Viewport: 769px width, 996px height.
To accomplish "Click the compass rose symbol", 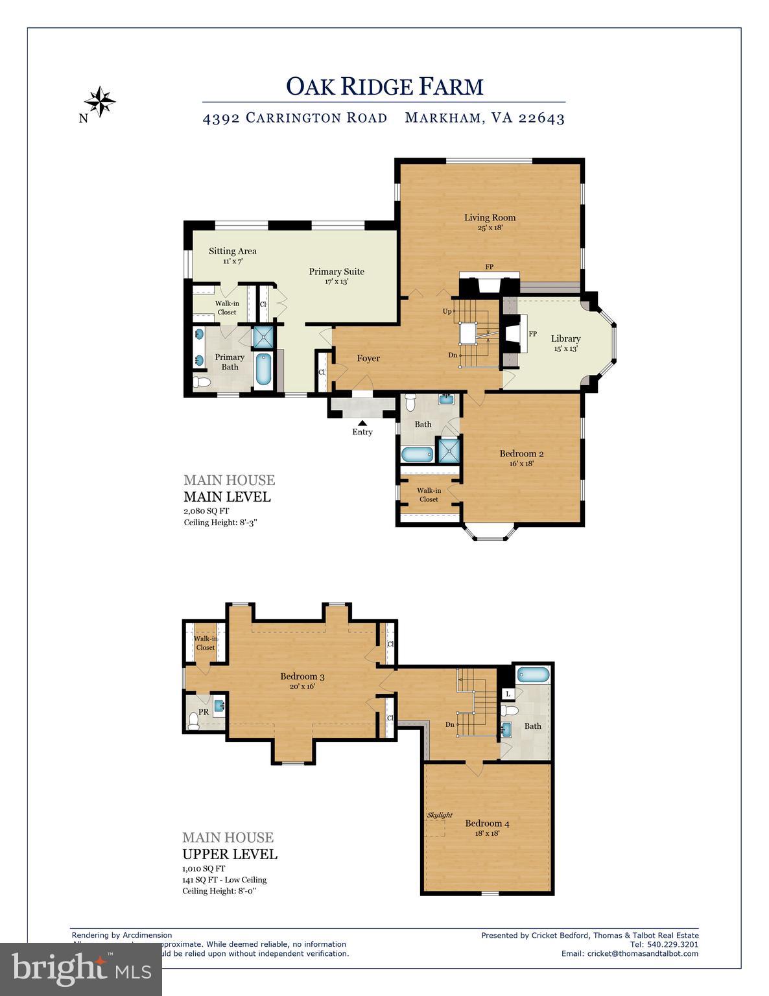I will [99, 101].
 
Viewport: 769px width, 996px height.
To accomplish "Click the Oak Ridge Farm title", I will [384, 86].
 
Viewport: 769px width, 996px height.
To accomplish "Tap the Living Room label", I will [490, 218].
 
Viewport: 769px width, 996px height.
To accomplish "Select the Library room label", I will [565, 338].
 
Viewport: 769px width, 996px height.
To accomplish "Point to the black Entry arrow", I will [362, 423].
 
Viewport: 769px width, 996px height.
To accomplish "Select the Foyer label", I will [368, 359].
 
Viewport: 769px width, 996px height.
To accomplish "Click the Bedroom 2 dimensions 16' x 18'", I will [517, 464].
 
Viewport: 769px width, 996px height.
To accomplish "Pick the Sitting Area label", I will [232, 251].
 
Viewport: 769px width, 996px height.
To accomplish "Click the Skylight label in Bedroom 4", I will [440, 815].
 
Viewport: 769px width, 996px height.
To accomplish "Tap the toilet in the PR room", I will [193, 720].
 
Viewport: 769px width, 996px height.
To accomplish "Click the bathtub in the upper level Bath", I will [533, 675].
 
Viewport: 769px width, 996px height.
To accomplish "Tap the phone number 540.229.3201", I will [672, 944].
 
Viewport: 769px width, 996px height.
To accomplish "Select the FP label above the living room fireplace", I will [490, 267].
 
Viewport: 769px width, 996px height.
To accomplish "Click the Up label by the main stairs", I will [447, 311].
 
